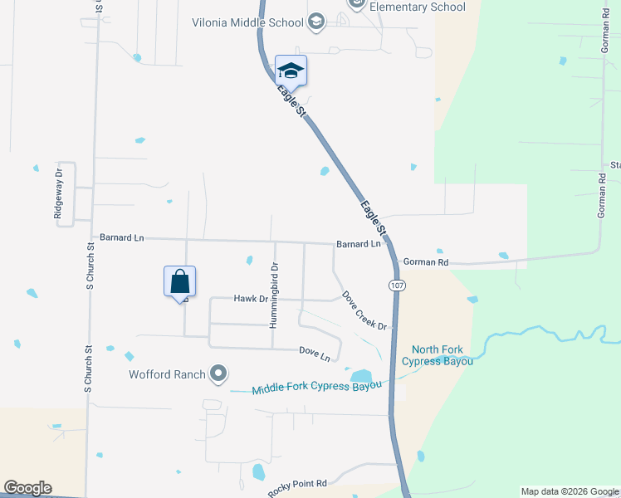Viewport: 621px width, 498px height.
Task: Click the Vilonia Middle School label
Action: [x=248, y=22]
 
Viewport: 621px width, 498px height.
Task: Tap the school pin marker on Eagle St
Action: [x=291, y=70]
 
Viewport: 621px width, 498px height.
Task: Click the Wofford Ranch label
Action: [x=167, y=374]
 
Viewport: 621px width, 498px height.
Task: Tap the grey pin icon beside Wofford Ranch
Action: [x=218, y=374]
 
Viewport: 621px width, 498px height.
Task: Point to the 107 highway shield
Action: [x=396, y=285]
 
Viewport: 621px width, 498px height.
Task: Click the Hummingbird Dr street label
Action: [x=273, y=294]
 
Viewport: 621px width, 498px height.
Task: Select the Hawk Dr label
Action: [x=251, y=298]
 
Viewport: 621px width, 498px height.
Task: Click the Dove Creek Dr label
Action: [x=365, y=311]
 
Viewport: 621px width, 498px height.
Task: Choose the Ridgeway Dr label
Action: [x=58, y=194]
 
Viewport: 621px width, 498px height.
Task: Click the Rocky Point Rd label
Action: [x=298, y=487]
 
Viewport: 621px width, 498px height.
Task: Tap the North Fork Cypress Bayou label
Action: [x=438, y=355]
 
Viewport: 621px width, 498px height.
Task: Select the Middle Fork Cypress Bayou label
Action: [x=317, y=388]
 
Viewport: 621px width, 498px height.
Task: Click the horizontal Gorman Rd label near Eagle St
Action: [x=425, y=262]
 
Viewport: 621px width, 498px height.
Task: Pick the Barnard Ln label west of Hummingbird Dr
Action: [x=121, y=237]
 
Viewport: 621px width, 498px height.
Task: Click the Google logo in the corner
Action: [x=27, y=488]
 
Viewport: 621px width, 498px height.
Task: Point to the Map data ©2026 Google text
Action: [x=570, y=491]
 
